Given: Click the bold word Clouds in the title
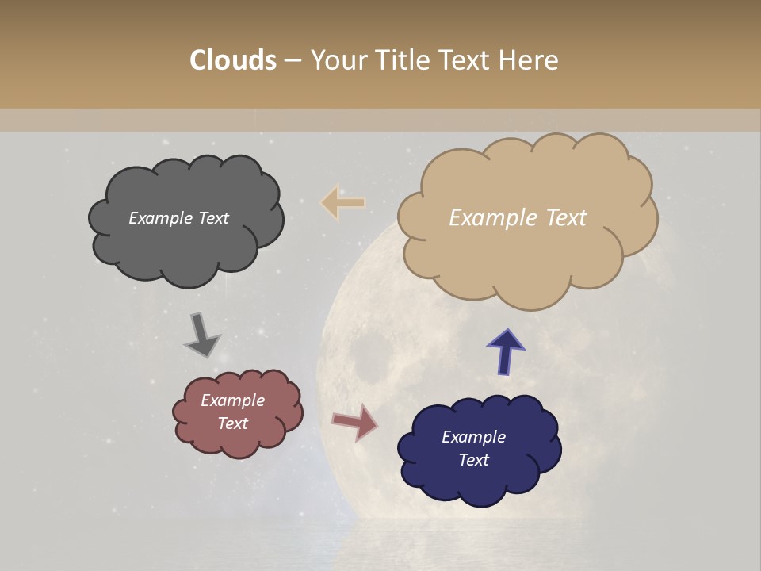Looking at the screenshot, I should click(233, 60).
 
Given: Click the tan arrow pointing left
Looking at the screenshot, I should click(342, 202).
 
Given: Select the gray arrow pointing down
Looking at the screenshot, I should click(201, 335).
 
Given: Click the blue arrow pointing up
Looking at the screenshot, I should click(505, 351).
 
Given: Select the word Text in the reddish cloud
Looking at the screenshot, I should click(232, 423).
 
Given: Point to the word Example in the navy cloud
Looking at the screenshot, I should click(473, 437).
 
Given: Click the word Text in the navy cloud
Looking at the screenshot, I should click(473, 460).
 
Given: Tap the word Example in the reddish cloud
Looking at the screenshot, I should click(232, 400).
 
